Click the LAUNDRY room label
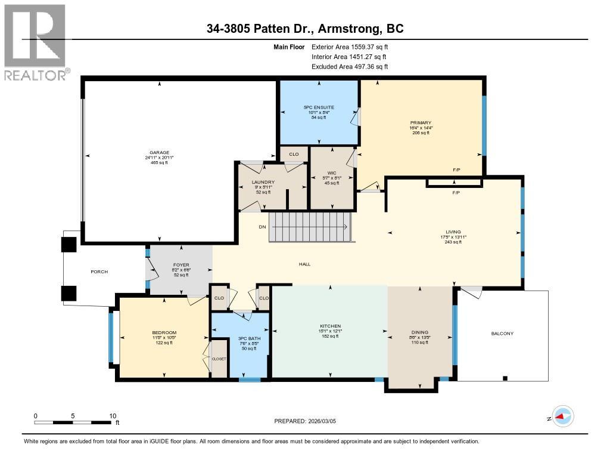click(263, 182)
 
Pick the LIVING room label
click(453, 232)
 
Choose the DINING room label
click(419, 332)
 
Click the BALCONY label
click(502, 334)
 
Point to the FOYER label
click(180, 264)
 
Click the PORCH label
click(99, 272)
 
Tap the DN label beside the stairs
click(262, 227)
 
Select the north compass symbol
click(562, 417)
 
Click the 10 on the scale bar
click(112, 416)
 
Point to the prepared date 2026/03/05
click(326, 421)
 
